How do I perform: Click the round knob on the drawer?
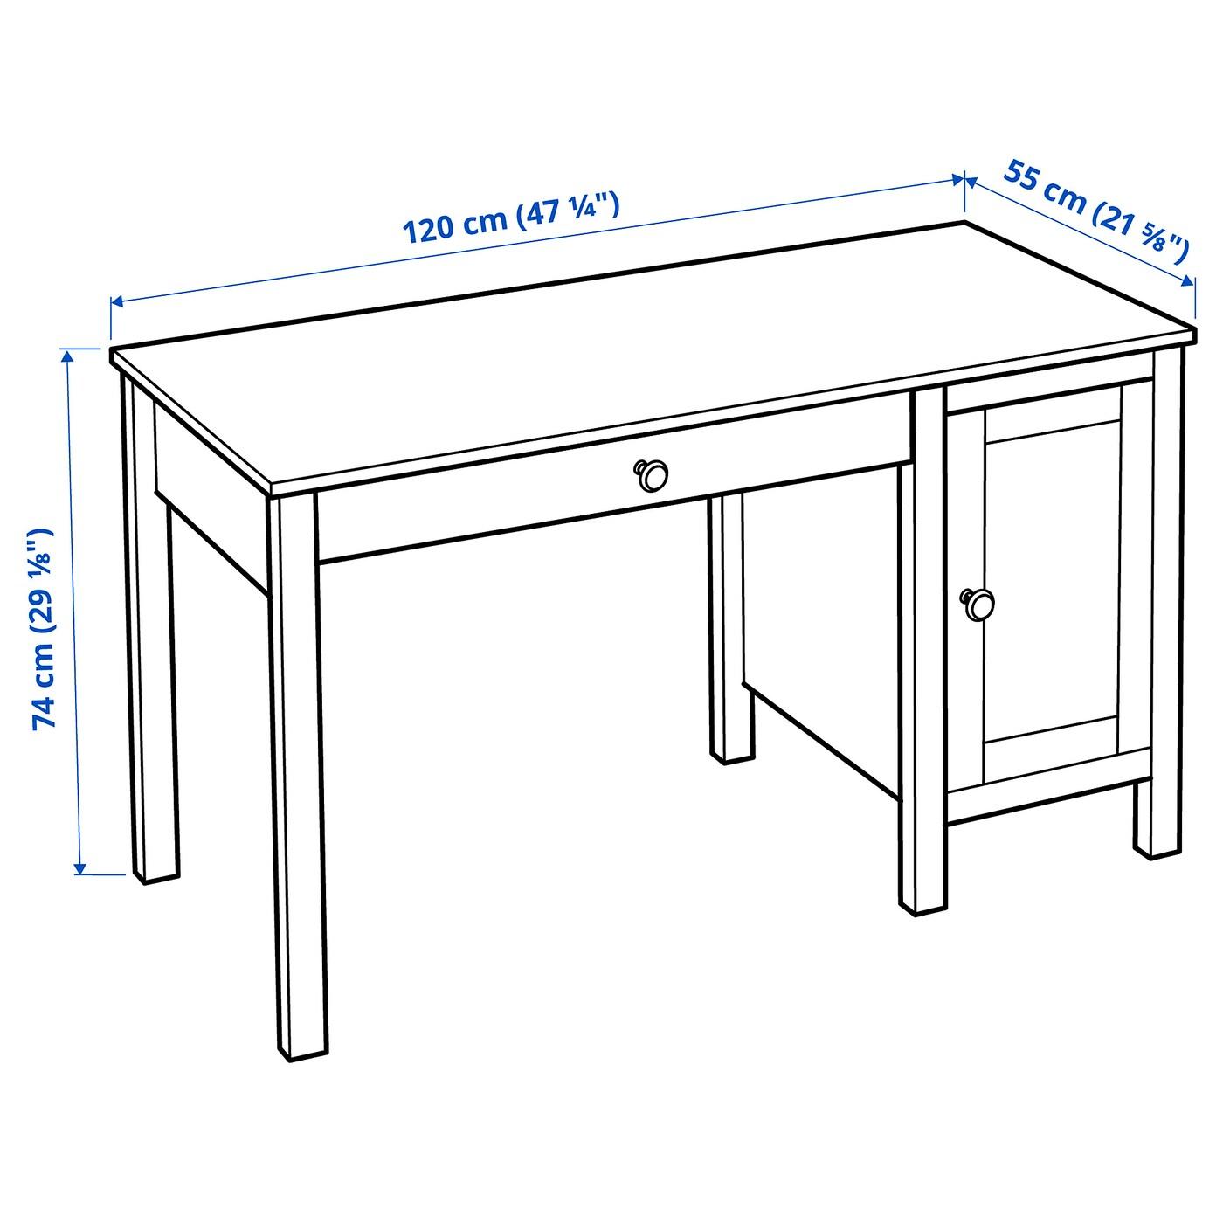point(651,474)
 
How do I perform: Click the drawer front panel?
point(614,487)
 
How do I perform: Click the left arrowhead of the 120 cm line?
point(119,302)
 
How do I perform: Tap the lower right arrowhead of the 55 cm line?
point(1187,281)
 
